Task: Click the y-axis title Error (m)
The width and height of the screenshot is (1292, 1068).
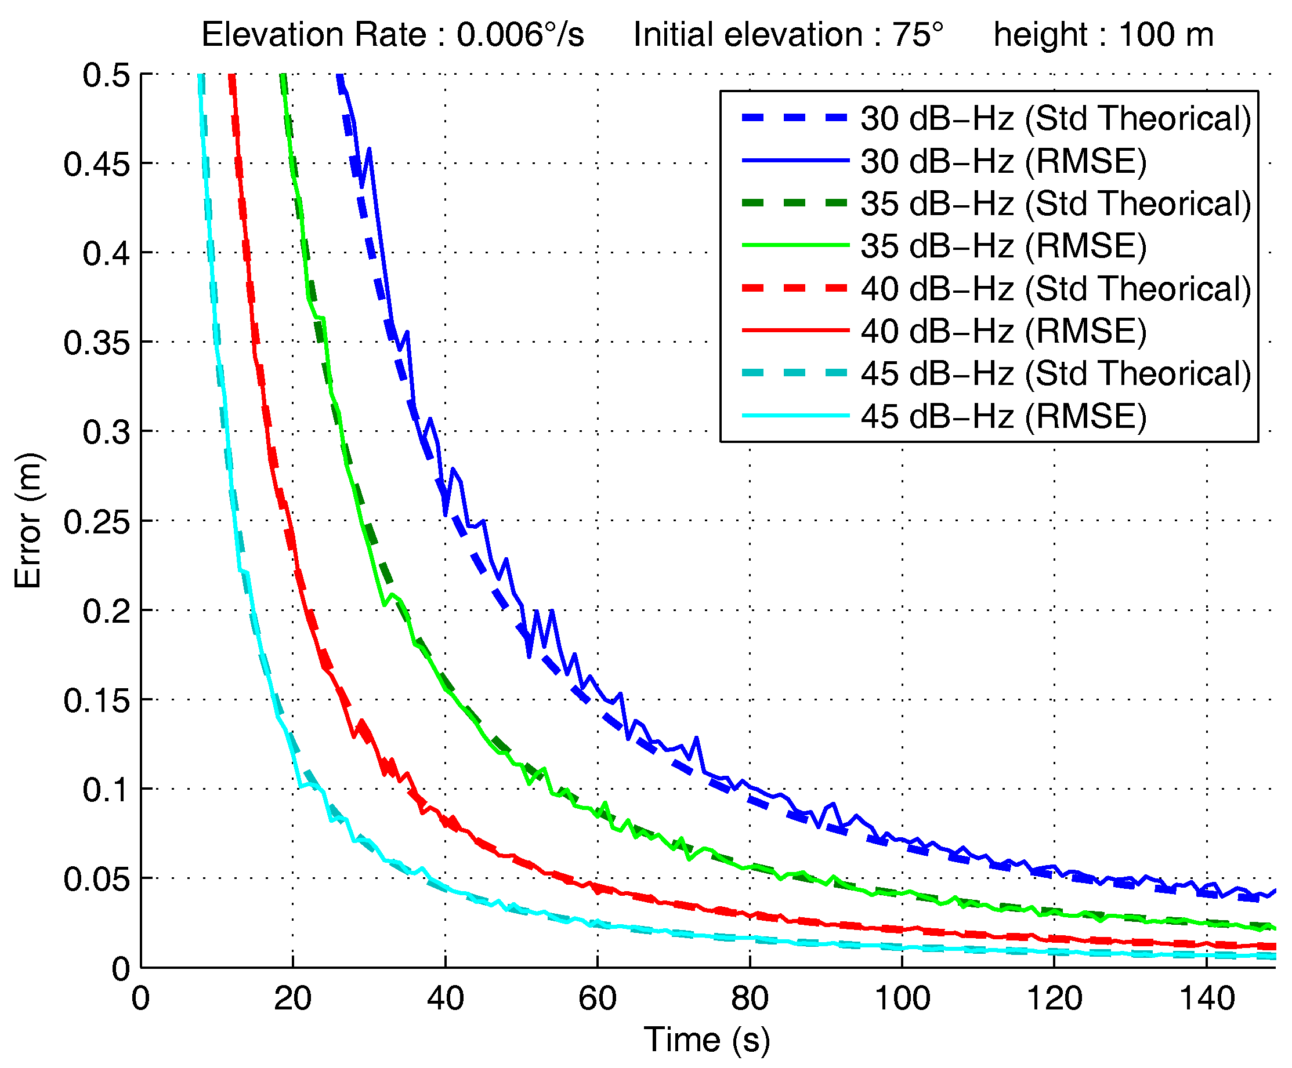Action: click(28, 520)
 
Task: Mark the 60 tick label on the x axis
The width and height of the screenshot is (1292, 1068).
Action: click(598, 997)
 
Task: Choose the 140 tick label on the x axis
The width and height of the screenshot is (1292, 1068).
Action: click(1207, 997)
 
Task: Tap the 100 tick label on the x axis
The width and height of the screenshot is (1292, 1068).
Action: click(902, 997)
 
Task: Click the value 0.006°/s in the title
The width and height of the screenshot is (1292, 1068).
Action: click(520, 34)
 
